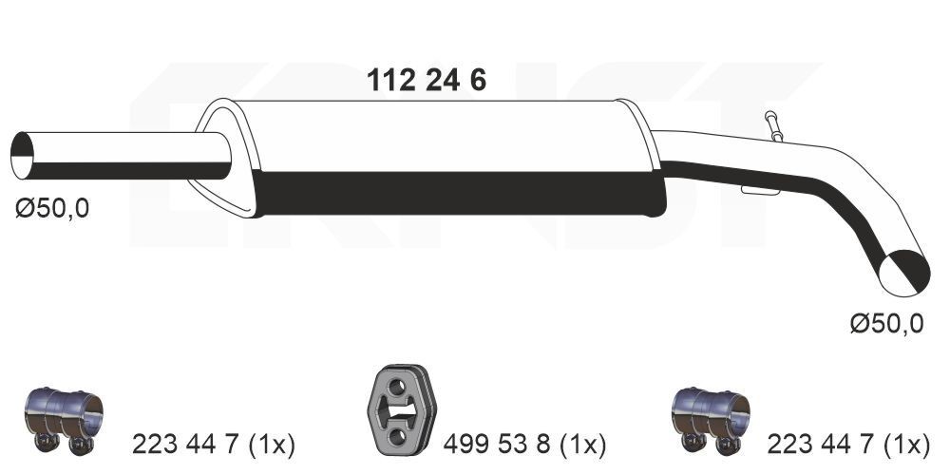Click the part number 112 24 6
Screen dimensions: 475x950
pos(427,81)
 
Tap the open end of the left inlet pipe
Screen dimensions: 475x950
pos(23,156)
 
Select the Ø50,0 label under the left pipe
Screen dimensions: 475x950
pos(52,208)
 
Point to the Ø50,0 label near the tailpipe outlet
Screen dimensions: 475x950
pos(885,324)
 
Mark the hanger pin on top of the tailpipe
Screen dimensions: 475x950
pos(773,126)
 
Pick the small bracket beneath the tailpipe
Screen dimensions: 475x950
pos(761,191)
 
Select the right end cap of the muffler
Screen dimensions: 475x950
pos(647,157)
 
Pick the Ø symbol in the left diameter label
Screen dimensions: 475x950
pos(25,208)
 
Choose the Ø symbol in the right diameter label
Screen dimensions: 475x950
pos(859,324)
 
